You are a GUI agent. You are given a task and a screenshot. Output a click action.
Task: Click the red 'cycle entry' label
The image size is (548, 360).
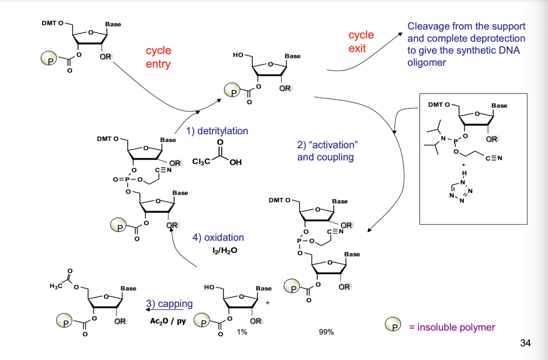pyautogui.click(x=158, y=57)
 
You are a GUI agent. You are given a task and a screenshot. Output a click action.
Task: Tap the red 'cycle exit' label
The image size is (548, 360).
pyautogui.click(x=361, y=42)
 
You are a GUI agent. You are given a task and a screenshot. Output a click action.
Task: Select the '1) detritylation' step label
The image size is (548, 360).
pyautogui.click(x=217, y=131)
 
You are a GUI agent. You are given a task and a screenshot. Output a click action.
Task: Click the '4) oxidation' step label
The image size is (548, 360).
pyautogui.click(x=218, y=238)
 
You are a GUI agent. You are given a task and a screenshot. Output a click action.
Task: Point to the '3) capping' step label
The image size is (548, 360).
pyautogui.click(x=169, y=304)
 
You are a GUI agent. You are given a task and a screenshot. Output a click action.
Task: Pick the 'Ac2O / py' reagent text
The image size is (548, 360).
pyautogui.click(x=168, y=321)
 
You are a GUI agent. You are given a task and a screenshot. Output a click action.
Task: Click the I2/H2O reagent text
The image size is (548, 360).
pyautogui.click(x=225, y=250)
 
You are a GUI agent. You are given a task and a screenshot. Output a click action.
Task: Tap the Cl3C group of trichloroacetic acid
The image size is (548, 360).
pyautogui.click(x=201, y=162)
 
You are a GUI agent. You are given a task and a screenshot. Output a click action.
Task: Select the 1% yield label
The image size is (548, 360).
pyautogui.click(x=242, y=332)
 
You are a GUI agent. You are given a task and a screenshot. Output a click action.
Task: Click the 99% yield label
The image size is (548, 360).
pyautogui.click(x=326, y=332)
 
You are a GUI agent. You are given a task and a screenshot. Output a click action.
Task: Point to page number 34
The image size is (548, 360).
pyautogui.click(x=525, y=343)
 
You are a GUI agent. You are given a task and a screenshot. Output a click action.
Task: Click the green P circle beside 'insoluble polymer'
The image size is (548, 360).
pyautogui.click(x=393, y=324)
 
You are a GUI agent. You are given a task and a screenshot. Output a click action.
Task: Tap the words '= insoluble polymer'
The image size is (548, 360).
pyautogui.click(x=452, y=327)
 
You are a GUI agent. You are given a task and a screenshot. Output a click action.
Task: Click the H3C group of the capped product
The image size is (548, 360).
pyautogui.click(x=56, y=286)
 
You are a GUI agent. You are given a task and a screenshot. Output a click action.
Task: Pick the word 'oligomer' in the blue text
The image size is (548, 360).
pyautogui.click(x=426, y=62)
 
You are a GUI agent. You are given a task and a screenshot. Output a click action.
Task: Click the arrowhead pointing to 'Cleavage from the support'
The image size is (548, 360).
pyautogui.click(x=400, y=34)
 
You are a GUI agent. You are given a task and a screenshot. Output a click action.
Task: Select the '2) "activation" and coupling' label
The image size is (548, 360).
pyautogui.click(x=327, y=151)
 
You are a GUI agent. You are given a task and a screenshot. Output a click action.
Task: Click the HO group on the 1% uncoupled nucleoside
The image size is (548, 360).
pyautogui.click(x=209, y=287)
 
